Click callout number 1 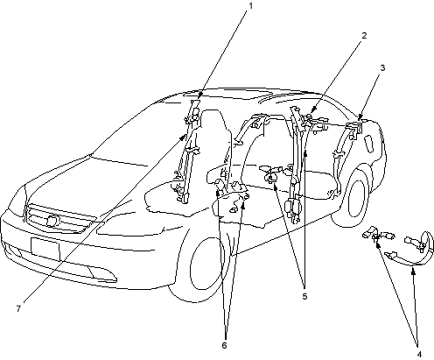click(x=250, y=6)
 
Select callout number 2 click(x=364, y=36)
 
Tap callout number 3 click(x=382, y=67)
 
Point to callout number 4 click(x=419, y=354)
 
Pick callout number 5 click(x=304, y=296)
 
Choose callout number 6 click(x=224, y=345)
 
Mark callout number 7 click(x=18, y=308)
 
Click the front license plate click(x=45, y=249)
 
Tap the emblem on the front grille click(x=52, y=221)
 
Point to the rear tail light click(x=369, y=144)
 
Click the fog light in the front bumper click(x=102, y=274)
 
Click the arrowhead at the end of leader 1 click(x=199, y=96)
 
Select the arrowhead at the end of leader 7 click(x=183, y=137)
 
